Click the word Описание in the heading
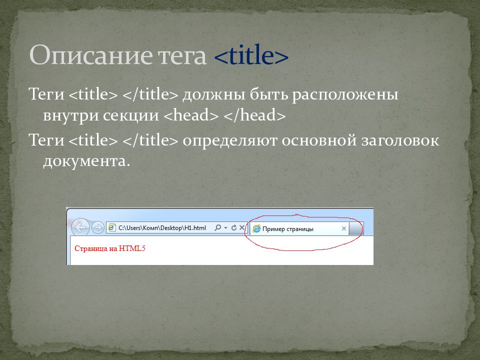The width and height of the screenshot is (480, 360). (90, 55)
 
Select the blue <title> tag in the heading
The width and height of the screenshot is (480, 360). (251, 55)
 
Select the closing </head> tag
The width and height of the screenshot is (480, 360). (254, 115)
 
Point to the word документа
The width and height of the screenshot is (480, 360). (84, 161)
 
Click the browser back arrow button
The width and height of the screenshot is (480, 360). (80, 227)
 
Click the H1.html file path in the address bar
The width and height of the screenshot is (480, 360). (162, 228)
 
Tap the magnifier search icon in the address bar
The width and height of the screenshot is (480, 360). (217, 227)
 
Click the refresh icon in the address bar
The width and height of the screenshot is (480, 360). (234, 227)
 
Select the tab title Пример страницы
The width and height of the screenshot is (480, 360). (288, 229)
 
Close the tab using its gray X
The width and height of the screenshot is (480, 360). (344, 228)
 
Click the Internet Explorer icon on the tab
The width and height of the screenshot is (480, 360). (256, 228)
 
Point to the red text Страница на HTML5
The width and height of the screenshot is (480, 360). (110, 248)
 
